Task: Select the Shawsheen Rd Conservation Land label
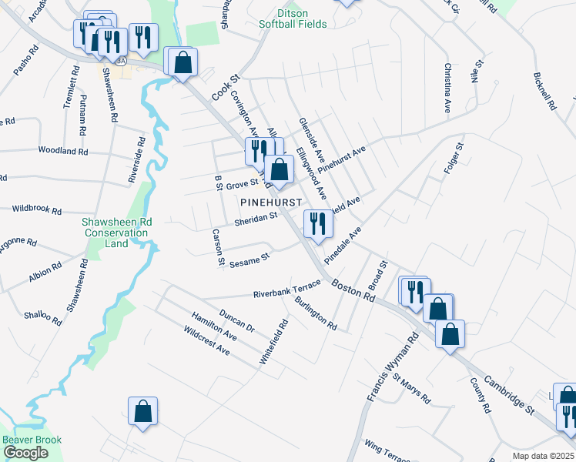coord(116,233)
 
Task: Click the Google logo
coord(25,453)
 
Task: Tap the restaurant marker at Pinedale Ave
coord(317,224)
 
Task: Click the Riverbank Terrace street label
coord(286,291)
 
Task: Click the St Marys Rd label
coord(410,389)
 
